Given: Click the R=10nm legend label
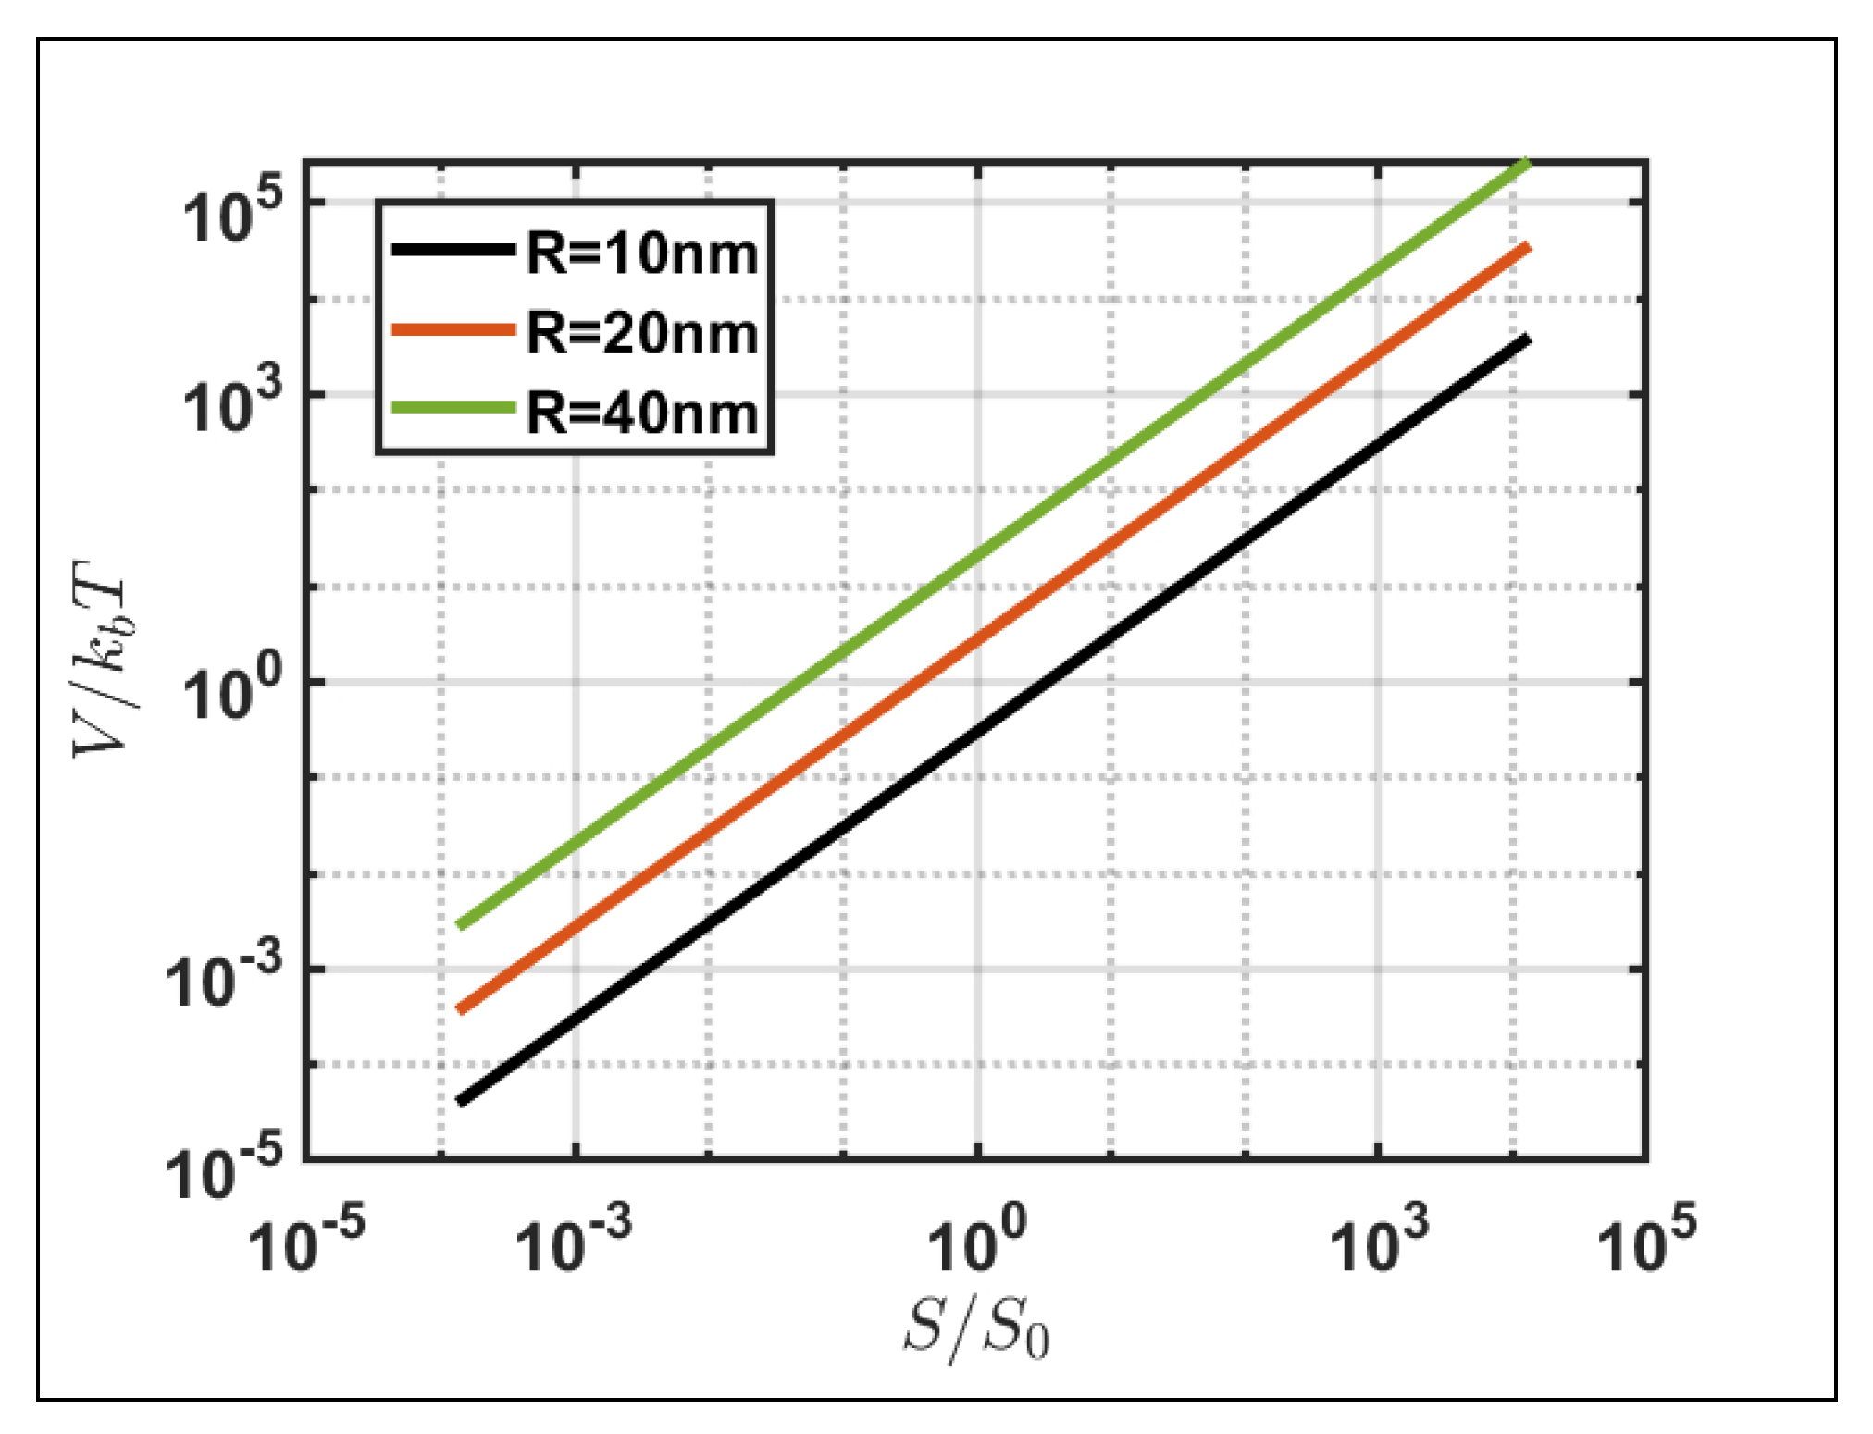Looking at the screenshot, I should [642, 253].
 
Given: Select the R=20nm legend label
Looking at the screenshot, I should [642, 333].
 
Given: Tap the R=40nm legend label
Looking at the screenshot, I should [642, 413].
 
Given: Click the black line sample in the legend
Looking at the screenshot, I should [453, 249].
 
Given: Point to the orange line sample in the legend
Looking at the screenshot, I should [453, 329].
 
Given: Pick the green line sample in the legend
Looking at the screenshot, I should [453, 408].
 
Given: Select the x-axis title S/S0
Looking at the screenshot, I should [976, 1329].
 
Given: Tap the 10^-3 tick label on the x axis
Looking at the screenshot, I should [574, 1240].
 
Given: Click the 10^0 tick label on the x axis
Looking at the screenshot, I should [977, 1240].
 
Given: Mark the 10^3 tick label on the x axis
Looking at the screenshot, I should [1379, 1240].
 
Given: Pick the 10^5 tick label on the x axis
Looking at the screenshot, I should [1647, 1240].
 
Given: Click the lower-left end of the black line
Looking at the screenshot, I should [461, 1101].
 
